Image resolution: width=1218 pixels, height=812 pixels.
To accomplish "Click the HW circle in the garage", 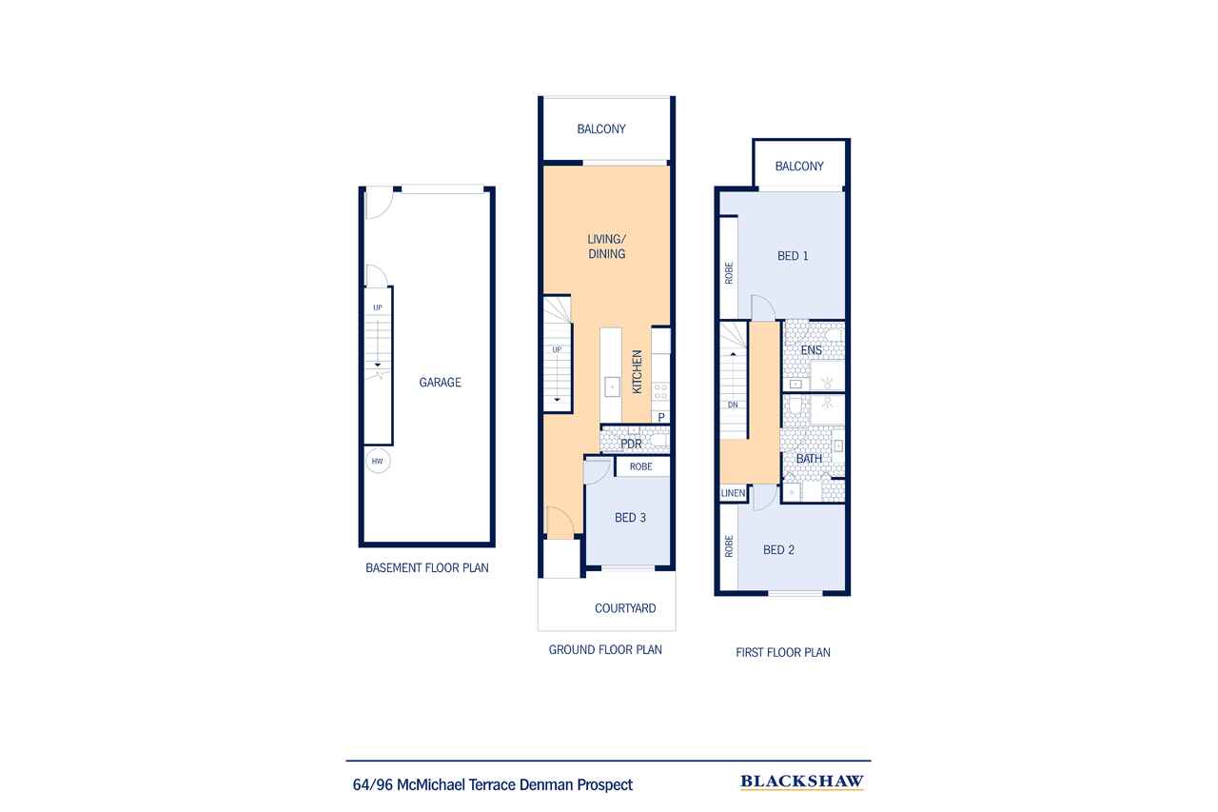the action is pyautogui.click(x=378, y=461).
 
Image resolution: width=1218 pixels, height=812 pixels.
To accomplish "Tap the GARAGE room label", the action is pyautogui.click(x=440, y=383).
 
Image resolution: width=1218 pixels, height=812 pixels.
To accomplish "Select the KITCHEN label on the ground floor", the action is pyautogui.click(x=638, y=371).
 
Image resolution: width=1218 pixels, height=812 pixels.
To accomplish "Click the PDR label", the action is pyautogui.click(x=631, y=444).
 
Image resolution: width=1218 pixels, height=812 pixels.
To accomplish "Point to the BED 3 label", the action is pyautogui.click(x=630, y=518).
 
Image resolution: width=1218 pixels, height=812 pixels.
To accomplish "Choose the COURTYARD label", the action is pyautogui.click(x=625, y=608).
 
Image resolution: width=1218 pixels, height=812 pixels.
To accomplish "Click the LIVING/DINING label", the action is pyautogui.click(x=607, y=247).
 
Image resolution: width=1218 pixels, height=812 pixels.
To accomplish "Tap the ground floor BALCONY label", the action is pyautogui.click(x=601, y=129).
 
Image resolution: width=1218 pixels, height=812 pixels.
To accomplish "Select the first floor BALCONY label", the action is pyautogui.click(x=799, y=166).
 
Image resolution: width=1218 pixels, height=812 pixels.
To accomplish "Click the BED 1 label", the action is pyautogui.click(x=793, y=256).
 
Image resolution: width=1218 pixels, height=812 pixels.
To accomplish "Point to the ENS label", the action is pyautogui.click(x=812, y=350).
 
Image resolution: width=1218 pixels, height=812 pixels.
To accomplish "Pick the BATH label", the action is pyautogui.click(x=809, y=459).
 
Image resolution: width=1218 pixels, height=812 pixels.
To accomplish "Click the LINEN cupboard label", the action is pyautogui.click(x=733, y=493).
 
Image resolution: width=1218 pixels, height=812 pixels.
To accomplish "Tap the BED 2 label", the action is pyautogui.click(x=778, y=550).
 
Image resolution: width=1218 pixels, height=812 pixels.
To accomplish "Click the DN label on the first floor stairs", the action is pyautogui.click(x=733, y=405).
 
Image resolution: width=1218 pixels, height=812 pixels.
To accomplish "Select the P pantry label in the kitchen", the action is pyautogui.click(x=661, y=417).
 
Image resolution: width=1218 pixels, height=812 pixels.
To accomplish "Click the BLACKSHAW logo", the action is pyautogui.click(x=802, y=782).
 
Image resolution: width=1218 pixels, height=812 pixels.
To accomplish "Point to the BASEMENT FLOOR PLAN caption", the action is pyautogui.click(x=427, y=567).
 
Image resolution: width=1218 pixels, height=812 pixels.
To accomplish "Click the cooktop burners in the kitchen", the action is pyautogui.click(x=660, y=391).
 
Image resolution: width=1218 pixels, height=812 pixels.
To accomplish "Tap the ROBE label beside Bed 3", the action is pyautogui.click(x=641, y=466).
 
